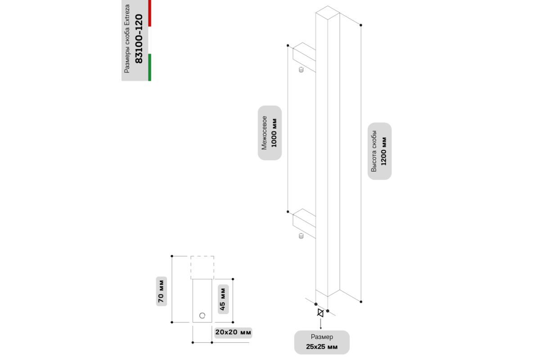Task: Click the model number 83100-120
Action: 139,39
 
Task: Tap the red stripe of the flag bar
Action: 150,13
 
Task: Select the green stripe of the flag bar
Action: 150,67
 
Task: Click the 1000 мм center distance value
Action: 274,133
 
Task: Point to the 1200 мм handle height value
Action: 384,152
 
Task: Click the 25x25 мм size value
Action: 322,347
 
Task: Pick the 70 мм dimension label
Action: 161,291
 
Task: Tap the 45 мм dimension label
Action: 223,299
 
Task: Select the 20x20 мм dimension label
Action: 233,332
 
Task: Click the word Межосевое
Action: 265,133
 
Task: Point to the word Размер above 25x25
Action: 322,337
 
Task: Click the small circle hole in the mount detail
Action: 202,315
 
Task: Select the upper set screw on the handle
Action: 301,70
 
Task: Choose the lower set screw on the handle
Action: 301,236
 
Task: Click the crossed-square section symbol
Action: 320,313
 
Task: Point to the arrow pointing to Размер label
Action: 320,324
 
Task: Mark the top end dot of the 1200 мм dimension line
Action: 361,25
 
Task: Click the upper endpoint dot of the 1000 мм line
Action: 288,45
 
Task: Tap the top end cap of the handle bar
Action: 328,13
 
